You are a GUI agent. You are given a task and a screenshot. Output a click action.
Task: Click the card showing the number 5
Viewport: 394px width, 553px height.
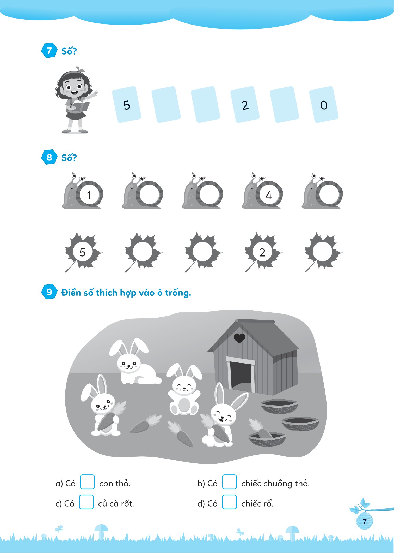(127, 105)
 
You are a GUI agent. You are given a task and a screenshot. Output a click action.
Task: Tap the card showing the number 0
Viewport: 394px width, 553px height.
(324, 105)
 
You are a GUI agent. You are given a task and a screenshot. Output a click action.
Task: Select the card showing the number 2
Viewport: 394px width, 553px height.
(245, 105)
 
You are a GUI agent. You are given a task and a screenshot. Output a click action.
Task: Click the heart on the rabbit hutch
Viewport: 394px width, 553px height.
(239, 338)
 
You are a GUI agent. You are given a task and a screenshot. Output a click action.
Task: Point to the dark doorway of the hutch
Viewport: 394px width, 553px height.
(241, 376)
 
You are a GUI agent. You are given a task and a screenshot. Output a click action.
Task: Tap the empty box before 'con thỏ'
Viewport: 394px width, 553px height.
(87, 482)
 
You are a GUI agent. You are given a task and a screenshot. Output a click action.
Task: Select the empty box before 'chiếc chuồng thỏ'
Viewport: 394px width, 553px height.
(229, 482)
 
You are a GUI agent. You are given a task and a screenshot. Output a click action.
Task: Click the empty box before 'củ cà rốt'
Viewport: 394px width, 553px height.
(86, 502)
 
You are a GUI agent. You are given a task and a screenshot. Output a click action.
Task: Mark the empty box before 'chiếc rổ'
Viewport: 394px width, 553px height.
(229, 502)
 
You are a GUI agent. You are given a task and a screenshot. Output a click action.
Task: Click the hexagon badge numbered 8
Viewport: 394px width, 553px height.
(49, 157)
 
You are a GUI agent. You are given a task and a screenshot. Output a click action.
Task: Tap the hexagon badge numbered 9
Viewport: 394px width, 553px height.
(49, 292)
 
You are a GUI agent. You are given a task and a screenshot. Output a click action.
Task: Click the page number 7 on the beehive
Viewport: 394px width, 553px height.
(365, 522)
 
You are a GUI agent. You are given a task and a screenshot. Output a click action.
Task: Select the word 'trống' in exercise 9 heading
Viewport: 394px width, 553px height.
(178, 293)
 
